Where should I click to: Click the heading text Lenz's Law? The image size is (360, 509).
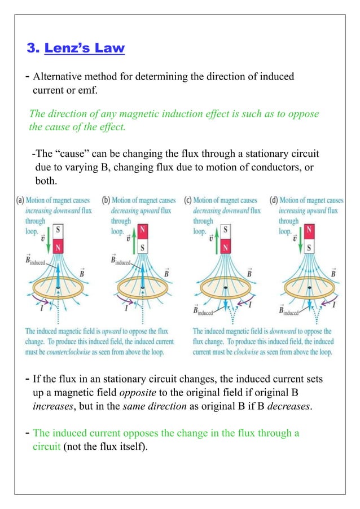pos(85,48)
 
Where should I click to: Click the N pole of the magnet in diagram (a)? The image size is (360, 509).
pos(58,247)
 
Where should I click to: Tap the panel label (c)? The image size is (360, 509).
pos(188,200)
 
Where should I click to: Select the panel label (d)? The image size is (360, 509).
pos(274,200)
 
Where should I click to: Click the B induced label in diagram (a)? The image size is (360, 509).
pos(36,260)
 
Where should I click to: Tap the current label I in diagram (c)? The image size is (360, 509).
pos(250,304)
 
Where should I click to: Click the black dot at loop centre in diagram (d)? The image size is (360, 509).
pos(309,288)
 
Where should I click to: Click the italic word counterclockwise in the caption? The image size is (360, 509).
pos(68,352)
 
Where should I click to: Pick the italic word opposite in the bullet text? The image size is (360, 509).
pos(138,393)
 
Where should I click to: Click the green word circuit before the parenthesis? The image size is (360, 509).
pos(46,446)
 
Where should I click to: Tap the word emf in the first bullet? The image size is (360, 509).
pos(88,90)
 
